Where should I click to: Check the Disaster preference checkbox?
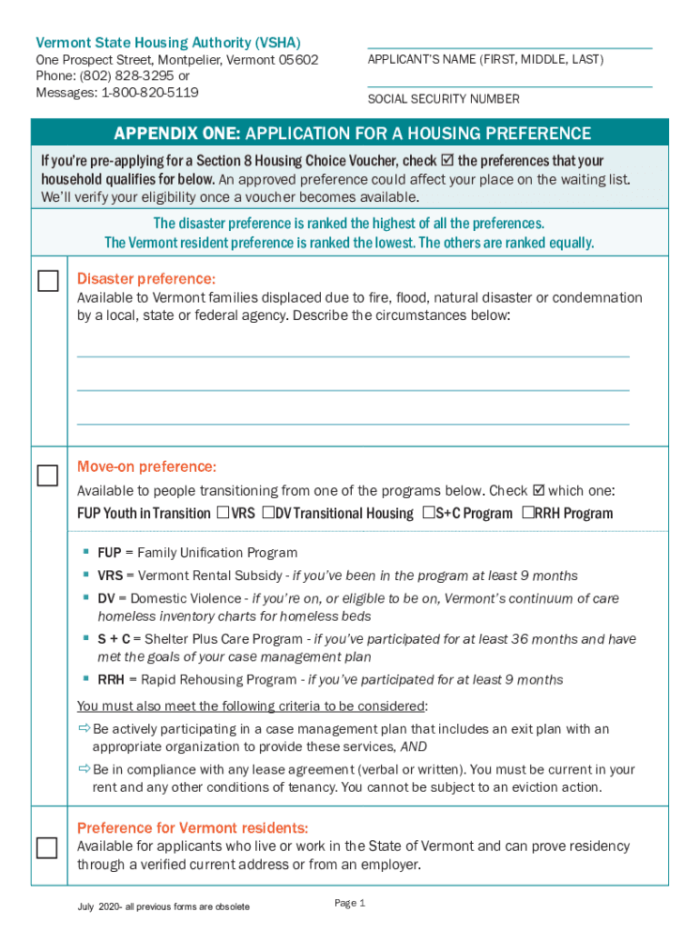click(x=47, y=281)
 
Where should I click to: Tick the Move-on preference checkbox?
click(x=47, y=476)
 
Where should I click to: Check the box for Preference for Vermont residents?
click(x=47, y=847)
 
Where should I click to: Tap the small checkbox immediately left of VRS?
click(x=223, y=513)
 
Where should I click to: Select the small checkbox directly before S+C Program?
click(x=428, y=513)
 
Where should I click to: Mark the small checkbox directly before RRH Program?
click(x=528, y=513)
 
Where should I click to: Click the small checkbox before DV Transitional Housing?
click(x=268, y=513)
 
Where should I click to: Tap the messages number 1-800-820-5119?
click(x=149, y=93)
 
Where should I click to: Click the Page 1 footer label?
click(x=349, y=903)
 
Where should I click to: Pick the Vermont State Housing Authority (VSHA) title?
click(x=168, y=43)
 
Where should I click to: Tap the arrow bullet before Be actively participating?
click(x=84, y=729)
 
